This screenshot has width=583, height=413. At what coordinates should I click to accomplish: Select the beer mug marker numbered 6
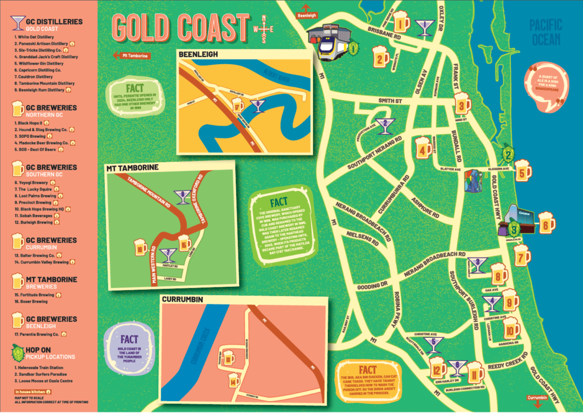(546, 223)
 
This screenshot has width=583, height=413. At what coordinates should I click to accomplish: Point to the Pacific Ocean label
(545, 32)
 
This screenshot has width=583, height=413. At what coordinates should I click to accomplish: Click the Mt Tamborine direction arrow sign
(132, 56)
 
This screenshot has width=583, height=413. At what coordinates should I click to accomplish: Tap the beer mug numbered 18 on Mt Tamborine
(141, 249)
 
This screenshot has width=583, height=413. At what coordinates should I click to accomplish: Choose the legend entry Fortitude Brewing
(35, 295)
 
